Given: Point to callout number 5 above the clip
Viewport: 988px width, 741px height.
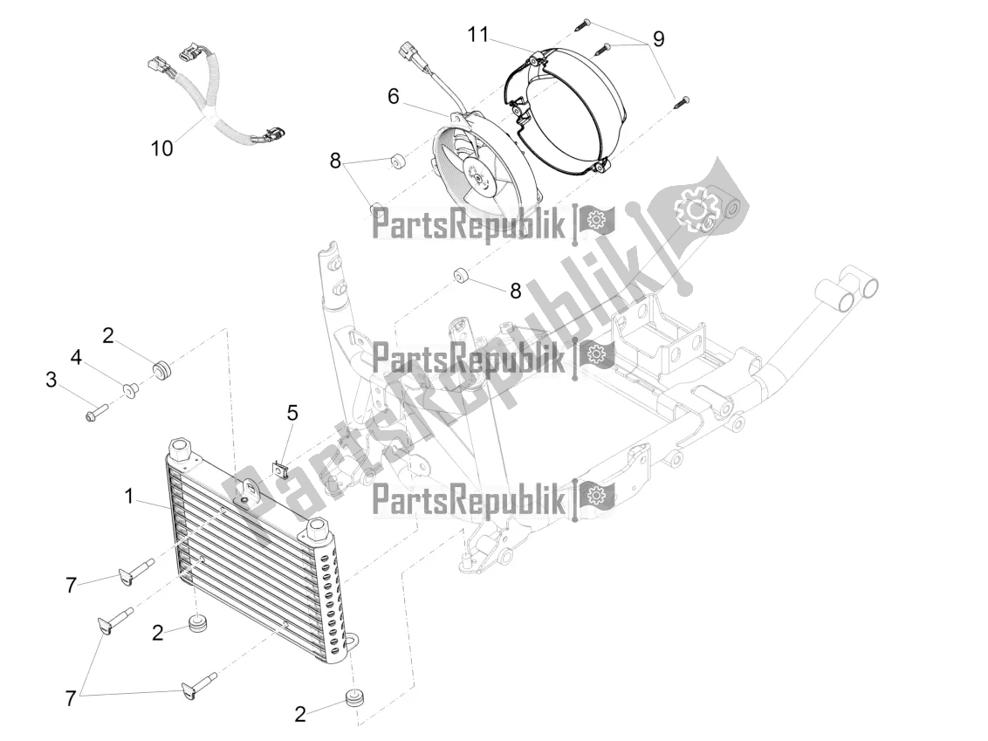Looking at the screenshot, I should pos(292,412).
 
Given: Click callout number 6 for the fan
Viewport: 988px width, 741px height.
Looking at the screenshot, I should pos(394,97).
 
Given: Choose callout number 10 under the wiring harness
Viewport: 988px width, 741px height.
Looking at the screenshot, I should pos(161,148).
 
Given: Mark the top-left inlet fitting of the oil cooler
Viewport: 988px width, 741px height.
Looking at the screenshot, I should pos(182,450).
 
